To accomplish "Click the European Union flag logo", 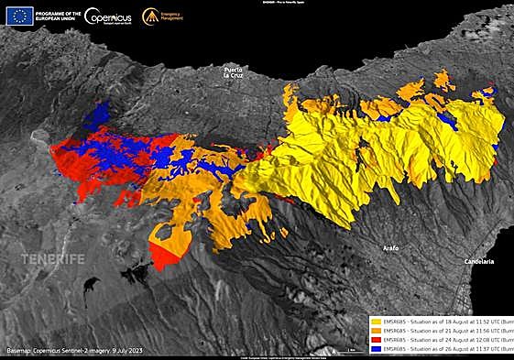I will click(x=19, y=16).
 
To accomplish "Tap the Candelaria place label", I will click(x=477, y=261).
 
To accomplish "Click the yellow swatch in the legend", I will click(x=374, y=322).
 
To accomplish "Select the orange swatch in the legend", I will click(x=374, y=331).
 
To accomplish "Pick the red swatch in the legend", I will click(x=374, y=340).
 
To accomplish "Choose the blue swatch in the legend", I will click(x=374, y=349).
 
